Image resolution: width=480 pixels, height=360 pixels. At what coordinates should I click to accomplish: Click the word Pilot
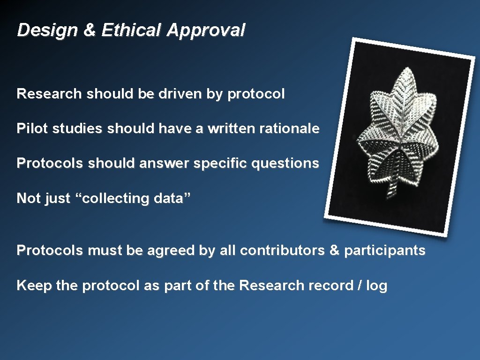pyautogui.click(x=32, y=128)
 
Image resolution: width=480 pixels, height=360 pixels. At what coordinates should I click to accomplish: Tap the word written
pyautogui.click(x=228, y=128)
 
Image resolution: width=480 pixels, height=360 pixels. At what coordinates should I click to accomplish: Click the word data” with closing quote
pyautogui.click(x=172, y=198)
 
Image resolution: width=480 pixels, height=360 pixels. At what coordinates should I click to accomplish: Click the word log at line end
pyautogui.click(x=377, y=286)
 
